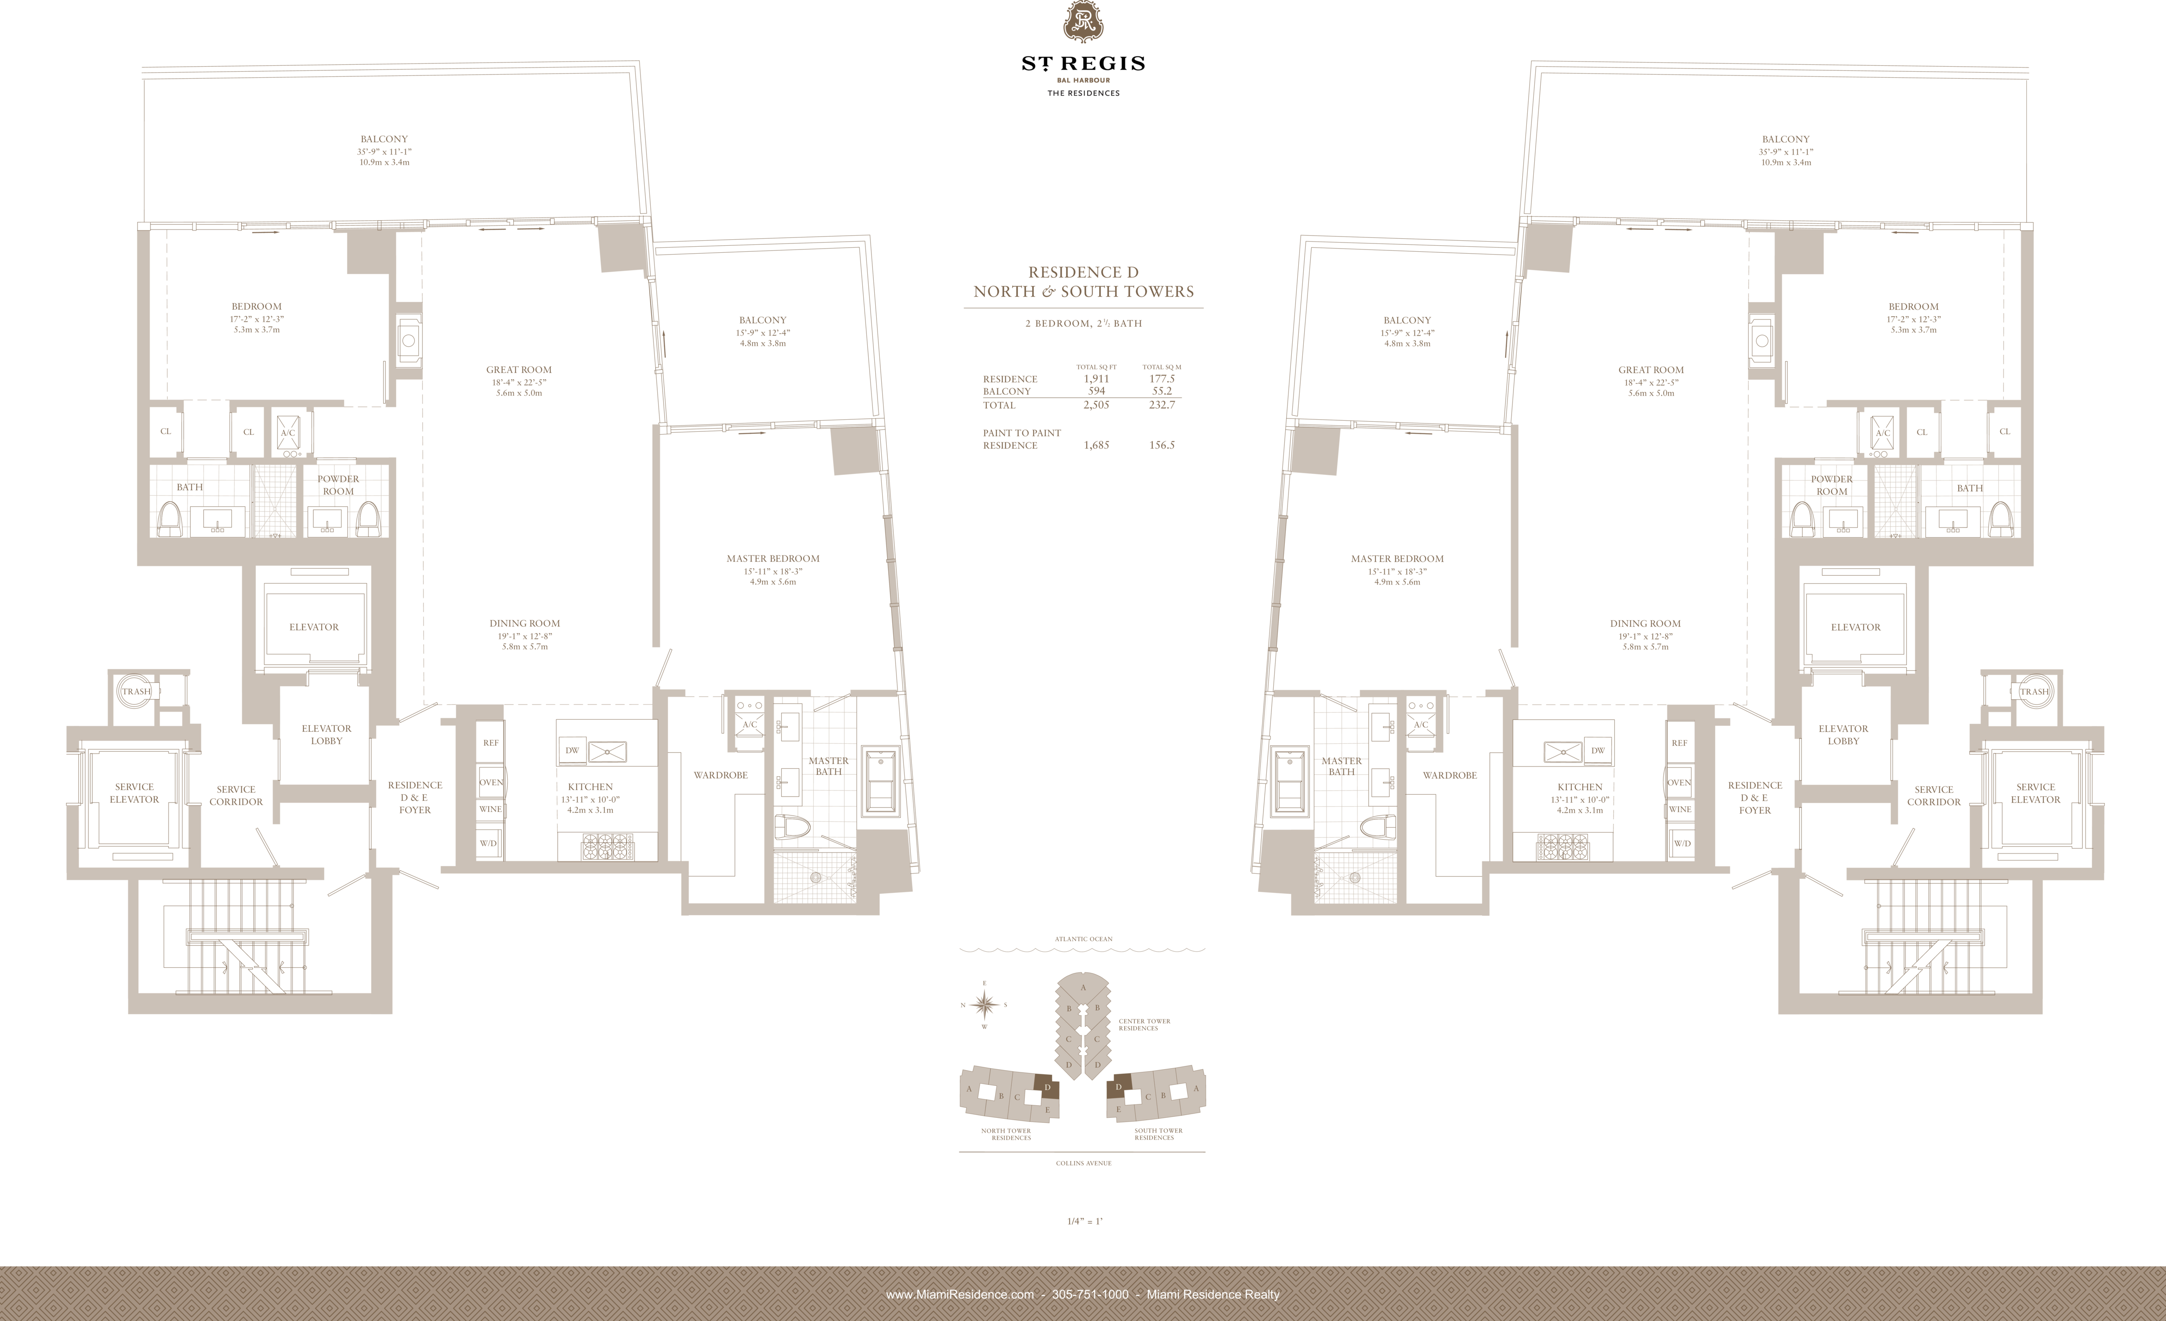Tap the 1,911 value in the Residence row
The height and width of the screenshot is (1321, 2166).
coord(1096,379)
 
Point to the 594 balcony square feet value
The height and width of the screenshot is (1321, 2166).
coord(1096,391)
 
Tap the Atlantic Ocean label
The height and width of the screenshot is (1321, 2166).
coord(1083,939)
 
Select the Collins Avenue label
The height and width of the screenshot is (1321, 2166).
coord(1083,1163)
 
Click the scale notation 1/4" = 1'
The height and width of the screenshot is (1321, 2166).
coord(1084,1221)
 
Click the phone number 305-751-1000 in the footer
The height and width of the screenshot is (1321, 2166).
coord(1090,1294)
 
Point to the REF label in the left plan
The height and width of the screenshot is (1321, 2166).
coord(491,743)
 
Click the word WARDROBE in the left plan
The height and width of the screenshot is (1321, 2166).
coord(720,775)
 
